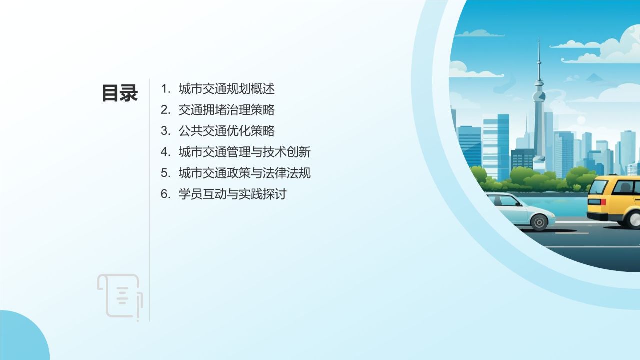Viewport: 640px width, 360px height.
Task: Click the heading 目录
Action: coord(120,93)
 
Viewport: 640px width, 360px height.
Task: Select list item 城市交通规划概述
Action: coord(226,89)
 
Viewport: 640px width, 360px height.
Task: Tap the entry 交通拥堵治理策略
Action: coord(226,110)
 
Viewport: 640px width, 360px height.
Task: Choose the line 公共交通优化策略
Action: coord(226,131)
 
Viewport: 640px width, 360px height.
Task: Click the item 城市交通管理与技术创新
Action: coord(244,152)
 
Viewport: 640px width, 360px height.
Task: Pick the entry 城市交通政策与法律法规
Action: coord(244,173)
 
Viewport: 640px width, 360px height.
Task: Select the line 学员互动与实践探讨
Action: coord(232,194)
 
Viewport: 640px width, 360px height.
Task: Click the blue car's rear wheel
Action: coord(539,221)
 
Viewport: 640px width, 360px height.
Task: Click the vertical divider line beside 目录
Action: coord(149,200)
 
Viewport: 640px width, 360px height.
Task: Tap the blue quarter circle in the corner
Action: coord(22,337)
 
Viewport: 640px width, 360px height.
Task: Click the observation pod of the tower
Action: coord(538,95)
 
